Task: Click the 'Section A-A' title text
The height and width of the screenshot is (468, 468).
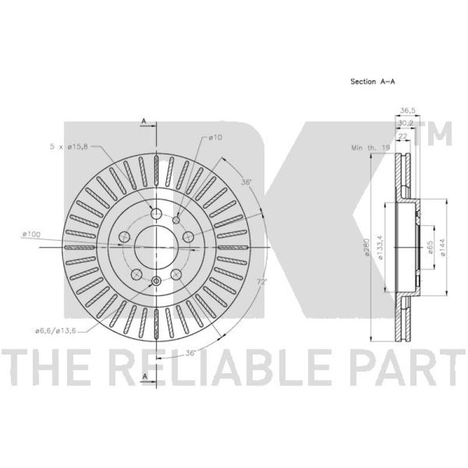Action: tap(373, 81)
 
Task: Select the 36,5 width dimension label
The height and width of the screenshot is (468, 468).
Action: tap(408, 110)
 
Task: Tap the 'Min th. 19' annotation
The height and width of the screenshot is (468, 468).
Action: tap(371, 147)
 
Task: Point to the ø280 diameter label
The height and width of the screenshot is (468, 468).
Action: tap(367, 247)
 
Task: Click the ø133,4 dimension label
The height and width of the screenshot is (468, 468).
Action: tap(380, 247)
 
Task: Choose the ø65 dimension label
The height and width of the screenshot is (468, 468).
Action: tap(430, 247)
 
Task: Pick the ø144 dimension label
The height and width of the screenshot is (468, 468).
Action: tap(443, 247)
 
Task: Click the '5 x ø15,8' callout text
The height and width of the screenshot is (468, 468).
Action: tap(69, 147)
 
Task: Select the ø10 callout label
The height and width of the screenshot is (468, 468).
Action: tap(215, 137)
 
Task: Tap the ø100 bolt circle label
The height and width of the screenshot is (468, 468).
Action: tap(31, 234)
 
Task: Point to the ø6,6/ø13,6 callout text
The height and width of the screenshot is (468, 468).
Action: tap(56, 331)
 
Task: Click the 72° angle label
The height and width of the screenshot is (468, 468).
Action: tap(261, 281)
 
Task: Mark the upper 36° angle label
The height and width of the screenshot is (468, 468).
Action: tap(246, 182)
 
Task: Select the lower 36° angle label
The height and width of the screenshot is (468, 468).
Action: tap(191, 353)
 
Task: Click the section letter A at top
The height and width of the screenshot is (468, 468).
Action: tap(144, 121)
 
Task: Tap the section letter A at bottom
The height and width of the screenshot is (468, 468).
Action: tap(144, 376)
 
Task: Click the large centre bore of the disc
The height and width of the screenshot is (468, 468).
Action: tap(156, 247)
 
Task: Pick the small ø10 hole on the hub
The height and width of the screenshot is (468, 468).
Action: tap(177, 220)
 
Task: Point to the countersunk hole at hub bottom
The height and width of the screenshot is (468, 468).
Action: tap(156, 281)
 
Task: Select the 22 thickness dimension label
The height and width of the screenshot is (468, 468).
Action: tap(403, 136)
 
